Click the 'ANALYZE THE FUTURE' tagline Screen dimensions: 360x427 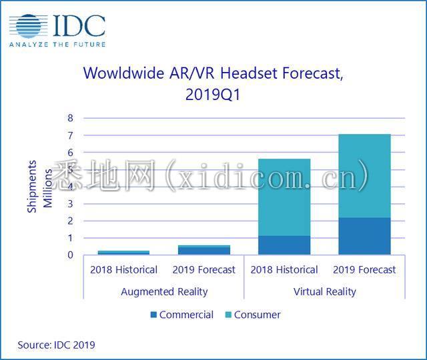coord(57,44)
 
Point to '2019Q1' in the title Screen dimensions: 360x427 coord(212,95)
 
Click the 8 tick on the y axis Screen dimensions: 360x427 coord(70,118)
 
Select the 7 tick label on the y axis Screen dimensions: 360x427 coord(70,135)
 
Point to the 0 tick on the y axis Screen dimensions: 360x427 coord(70,255)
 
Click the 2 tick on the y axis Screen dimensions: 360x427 coord(70,221)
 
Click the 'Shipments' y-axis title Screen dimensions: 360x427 coord(32,186)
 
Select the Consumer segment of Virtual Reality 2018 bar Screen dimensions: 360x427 coord(284,197)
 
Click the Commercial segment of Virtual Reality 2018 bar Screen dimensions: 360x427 coord(284,245)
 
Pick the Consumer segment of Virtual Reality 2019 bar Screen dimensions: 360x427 coord(364,176)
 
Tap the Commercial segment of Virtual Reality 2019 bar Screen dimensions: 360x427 coord(364,236)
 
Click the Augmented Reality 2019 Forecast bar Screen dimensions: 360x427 coord(203,250)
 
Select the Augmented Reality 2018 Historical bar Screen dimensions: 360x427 coord(123,253)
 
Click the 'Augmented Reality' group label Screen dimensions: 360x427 coord(164,291)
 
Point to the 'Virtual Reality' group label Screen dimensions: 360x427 coord(324,291)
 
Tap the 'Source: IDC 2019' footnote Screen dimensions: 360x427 coord(57,345)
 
